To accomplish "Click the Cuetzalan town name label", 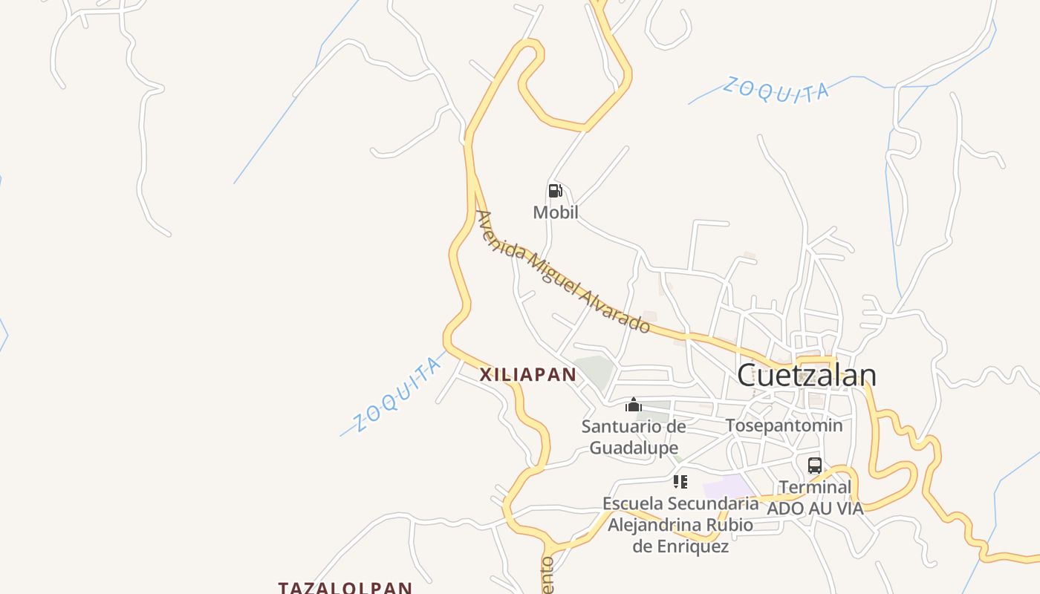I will [x=806, y=375].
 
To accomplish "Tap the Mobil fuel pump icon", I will [x=555, y=191].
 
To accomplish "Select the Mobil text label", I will [x=555, y=213].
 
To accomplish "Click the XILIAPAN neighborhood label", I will [x=527, y=374].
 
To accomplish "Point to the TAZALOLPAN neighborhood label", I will [x=345, y=587].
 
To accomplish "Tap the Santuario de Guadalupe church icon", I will [x=633, y=405].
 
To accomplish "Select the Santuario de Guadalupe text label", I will [x=633, y=437].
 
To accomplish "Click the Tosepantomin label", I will [x=784, y=425].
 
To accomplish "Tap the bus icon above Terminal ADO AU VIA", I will [x=814, y=466].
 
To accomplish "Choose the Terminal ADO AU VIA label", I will [x=814, y=497].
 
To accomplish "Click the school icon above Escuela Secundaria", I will [x=680, y=481].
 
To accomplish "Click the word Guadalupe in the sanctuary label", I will [x=633, y=448].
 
